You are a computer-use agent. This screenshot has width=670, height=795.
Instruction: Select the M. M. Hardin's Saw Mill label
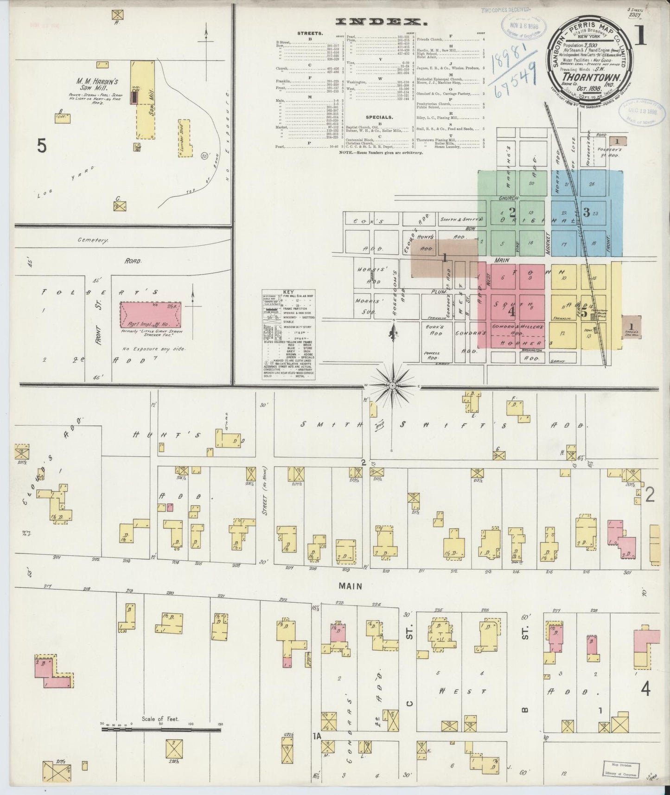[x=97, y=84]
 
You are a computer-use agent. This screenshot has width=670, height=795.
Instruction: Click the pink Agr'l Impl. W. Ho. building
[x=150, y=315]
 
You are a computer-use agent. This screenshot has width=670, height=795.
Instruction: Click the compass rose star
[x=393, y=385]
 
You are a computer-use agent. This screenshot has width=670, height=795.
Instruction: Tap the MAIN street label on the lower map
[x=350, y=586]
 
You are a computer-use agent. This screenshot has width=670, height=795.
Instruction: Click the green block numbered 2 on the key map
[x=511, y=213]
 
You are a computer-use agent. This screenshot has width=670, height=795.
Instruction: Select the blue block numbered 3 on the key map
[x=586, y=212]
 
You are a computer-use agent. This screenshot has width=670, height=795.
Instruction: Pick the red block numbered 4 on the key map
[x=511, y=311]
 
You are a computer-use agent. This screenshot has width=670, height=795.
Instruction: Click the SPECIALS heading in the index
[x=378, y=117]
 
